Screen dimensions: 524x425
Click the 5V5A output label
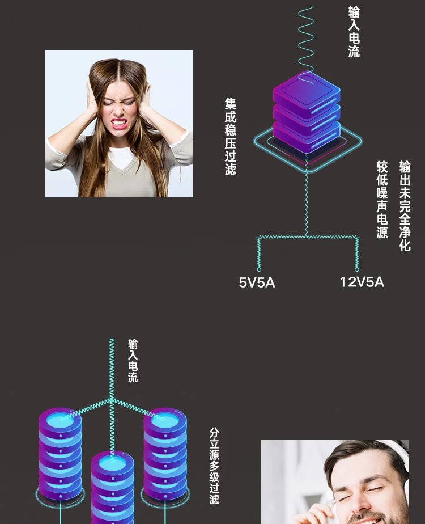[x=257, y=282]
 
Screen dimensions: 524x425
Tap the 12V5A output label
[x=362, y=282]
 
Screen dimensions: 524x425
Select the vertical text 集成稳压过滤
[x=231, y=136]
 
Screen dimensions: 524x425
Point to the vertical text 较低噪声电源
[x=382, y=200]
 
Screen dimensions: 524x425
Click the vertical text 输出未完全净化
[x=405, y=205]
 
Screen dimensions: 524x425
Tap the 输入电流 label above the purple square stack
[x=354, y=32]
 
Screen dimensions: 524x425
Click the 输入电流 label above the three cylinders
[x=133, y=361]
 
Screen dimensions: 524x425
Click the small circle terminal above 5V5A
[x=259, y=269]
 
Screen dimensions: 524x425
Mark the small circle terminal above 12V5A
[x=357, y=269]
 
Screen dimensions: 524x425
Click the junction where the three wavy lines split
[x=112, y=400]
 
